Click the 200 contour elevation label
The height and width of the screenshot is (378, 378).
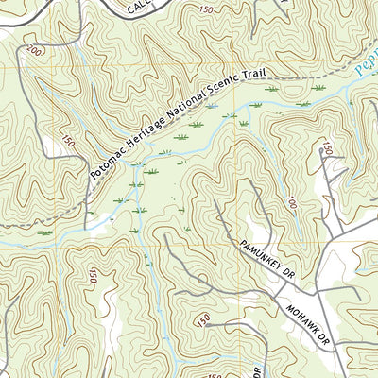(36, 50)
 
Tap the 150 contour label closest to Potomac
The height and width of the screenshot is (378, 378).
(67, 142)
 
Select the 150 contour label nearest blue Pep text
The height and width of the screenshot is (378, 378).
(327, 148)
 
